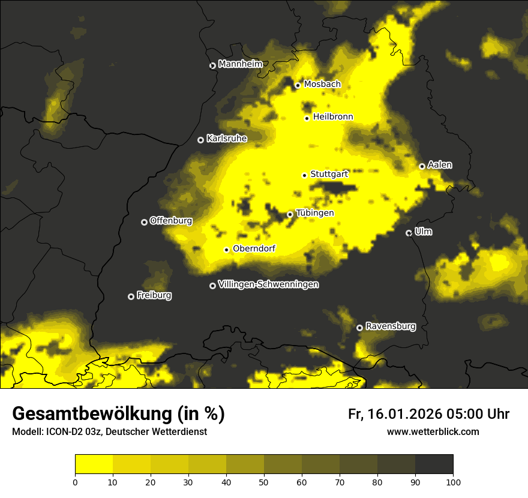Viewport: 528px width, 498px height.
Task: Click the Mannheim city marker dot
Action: [212, 66]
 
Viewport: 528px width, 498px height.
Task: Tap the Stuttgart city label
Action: [329, 174]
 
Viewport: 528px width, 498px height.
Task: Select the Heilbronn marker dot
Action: [307, 118]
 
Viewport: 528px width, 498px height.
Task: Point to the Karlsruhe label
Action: [226, 139]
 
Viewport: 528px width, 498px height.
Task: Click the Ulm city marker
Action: [409, 233]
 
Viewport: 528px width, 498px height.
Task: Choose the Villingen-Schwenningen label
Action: [268, 284]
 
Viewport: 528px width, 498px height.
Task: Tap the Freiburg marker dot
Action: [131, 296]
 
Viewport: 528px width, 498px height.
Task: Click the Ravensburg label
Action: [390, 326]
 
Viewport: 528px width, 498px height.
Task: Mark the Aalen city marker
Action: [422, 166]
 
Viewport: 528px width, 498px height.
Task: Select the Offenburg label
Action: [170, 221]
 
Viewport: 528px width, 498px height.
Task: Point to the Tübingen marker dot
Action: [290, 214]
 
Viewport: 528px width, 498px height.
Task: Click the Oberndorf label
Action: [254, 248]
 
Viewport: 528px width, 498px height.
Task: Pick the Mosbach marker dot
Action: [297, 85]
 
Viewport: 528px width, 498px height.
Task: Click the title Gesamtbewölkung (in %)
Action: [118, 414]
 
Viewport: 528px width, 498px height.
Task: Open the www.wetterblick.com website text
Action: [433, 432]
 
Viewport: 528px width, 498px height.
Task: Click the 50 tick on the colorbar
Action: [264, 482]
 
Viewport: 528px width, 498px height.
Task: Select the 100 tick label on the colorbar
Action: [453, 482]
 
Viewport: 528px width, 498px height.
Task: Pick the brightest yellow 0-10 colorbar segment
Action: [94, 464]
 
